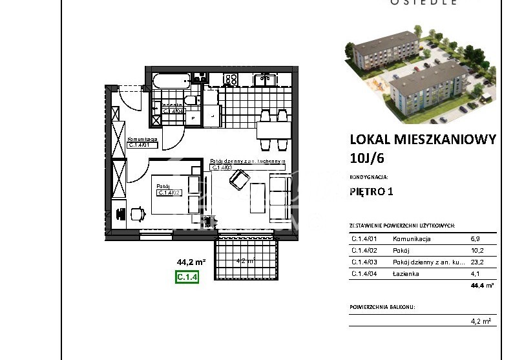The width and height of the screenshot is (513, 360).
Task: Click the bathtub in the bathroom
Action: (x=171, y=81)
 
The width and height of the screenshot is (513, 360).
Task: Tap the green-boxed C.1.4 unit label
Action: (x=187, y=278)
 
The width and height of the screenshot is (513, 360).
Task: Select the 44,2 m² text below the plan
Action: (x=191, y=262)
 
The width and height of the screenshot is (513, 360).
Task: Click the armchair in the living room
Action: (x=239, y=180)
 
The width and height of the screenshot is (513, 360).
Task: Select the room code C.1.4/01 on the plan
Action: (x=140, y=145)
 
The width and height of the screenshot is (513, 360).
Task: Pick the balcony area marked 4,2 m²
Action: (x=247, y=260)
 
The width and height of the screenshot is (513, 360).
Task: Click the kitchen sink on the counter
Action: (x=263, y=79)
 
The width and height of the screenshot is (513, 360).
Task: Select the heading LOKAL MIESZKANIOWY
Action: (x=423, y=139)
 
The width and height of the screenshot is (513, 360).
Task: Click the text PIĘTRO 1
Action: (x=371, y=191)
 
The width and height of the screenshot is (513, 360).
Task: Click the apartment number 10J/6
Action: (x=366, y=156)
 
